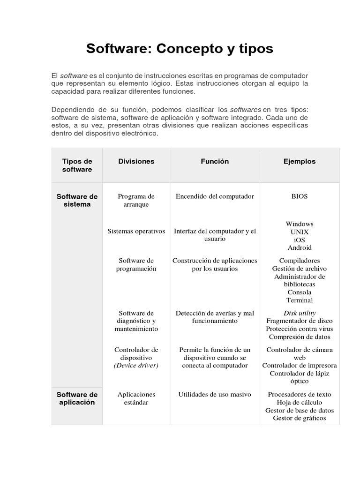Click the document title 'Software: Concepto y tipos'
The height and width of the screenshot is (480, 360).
pyautogui.click(x=180, y=49)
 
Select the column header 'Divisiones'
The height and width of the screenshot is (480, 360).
pyautogui.click(x=136, y=161)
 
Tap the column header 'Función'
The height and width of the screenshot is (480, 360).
pyautogui.click(x=215, y=161)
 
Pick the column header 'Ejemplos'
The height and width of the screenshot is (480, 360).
pyautogui.click(x=300, y=161)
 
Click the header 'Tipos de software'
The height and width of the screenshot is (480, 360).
pyautogui.click(x=77, y=165)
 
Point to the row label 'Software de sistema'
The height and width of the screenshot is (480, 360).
pyautogui.click(x=77, y=200)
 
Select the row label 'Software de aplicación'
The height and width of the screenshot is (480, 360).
pyautogui.click(x=77, y=398)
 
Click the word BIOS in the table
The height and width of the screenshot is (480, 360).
pyautogui.click(x=300, y=196)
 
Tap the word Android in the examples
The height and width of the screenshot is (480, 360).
pyautogui.click(x=300, y=247)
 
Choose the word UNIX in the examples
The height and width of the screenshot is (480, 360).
pyautogui.click(x=300, y=232)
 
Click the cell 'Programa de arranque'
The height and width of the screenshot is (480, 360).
pyautogui.click(x=136, y=200)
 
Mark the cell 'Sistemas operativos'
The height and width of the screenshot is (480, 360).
pyautogui.click(x=136, y=231)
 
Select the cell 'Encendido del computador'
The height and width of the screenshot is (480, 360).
pyautogui.click(x=215, y=196)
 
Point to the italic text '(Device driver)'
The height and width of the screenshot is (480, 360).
pyautogui.click(x=136, y=366)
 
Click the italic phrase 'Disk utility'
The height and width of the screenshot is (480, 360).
pyautogui.click(x=300, y=313)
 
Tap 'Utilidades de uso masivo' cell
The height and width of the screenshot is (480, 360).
pyautogui.click(x=215, y=394)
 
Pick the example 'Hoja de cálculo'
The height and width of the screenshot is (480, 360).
pyautogui.click(x=300, y=402)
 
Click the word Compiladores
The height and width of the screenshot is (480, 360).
pyautogui.click(x=300, y=261)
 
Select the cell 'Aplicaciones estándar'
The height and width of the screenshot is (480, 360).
pyautogui.click(x=136, y=398)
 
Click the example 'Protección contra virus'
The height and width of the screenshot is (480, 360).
pyautogui.click(x=300, y=329)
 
